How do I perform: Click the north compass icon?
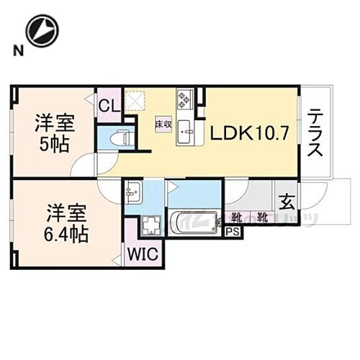(x=40, y=32)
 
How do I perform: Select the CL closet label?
(x=109, y=107)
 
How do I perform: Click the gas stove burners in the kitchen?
(x=184, y=99)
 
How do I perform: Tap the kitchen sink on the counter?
(x=184, y=130)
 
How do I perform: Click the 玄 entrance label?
(x=285, y=202)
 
